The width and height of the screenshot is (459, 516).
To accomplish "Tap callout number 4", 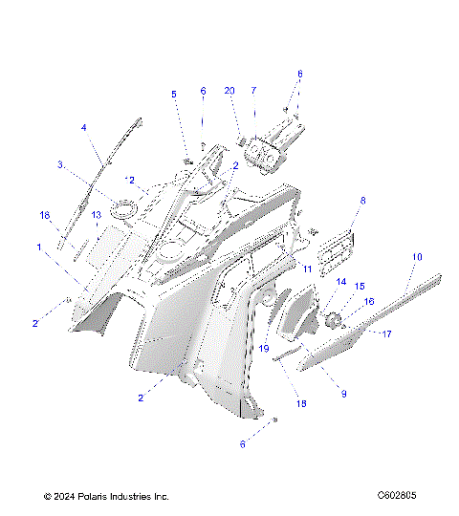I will click(84, 127).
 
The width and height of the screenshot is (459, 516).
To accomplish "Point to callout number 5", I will click(174, 94).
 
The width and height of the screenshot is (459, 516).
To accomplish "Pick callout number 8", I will click(336, 201).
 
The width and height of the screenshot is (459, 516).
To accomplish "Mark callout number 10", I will click(417, 257).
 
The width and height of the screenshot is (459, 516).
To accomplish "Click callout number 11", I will click(308, 270).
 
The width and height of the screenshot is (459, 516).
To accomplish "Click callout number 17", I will click(387, 333).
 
